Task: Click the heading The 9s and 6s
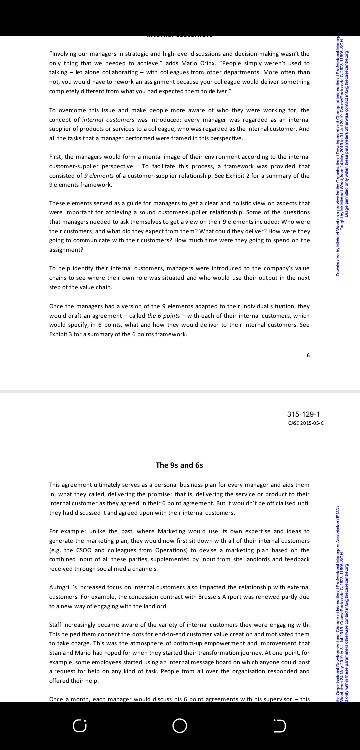(x=180, y=465)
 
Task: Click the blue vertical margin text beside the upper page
(x=343, y=150)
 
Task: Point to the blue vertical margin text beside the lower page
(x=343, y=560)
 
